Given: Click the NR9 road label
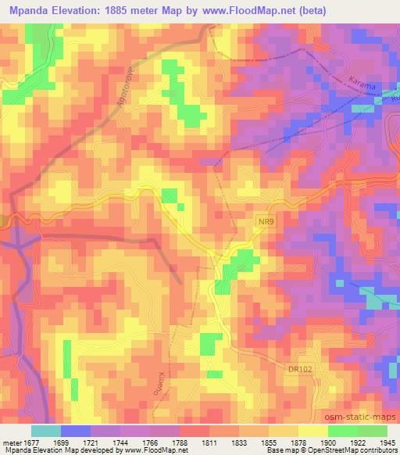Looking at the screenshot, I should [266, 221].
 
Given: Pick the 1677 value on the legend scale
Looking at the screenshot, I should [32, 441].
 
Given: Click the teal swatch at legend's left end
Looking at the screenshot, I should [45, 430].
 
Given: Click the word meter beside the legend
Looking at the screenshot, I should [12, 441].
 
